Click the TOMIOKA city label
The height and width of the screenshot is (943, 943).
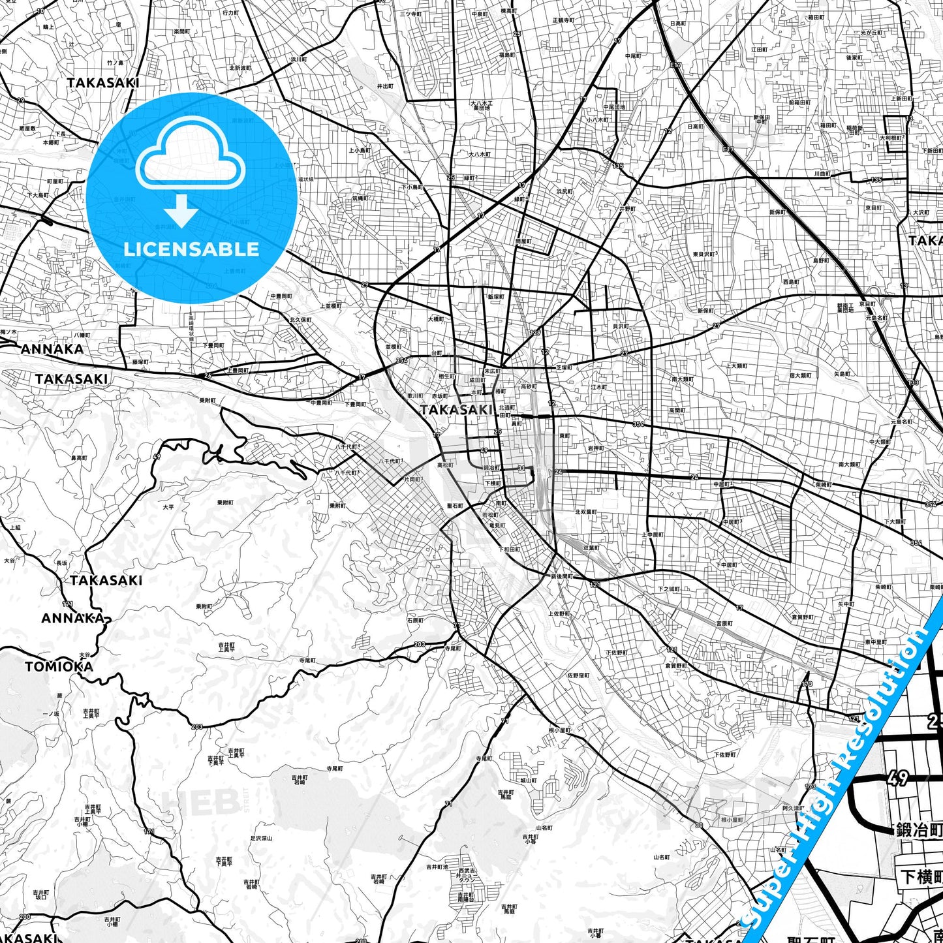tap(59, 666)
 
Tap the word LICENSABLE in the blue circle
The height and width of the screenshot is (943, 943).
tap(191, 249)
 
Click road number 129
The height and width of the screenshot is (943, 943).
tap(535, 333)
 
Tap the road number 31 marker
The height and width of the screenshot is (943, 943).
tap(521, 468)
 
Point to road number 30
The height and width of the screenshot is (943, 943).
tap(700, 826)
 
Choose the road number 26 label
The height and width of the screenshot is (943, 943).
tap(208, 375)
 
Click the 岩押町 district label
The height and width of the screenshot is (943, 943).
tap(595, 448)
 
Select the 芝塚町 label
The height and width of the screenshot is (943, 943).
tap(564, 367)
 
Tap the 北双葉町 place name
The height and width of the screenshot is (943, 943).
tap(585, 512)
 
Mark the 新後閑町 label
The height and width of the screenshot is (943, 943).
tap(561, 576)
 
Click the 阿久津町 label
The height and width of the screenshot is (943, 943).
tap(793, 808)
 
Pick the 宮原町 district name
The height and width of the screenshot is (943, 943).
tap(724, 623)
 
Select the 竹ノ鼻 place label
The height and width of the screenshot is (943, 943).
tap(115, 63)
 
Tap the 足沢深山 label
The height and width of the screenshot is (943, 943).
tap(261, 838)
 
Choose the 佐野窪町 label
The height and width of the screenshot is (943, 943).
tap(578, 675)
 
